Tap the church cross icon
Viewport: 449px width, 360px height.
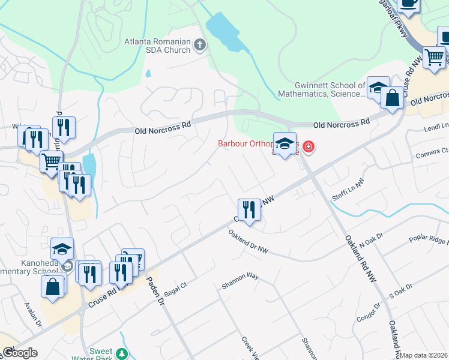point(199,44)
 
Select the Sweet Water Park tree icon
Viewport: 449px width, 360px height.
point(122,353)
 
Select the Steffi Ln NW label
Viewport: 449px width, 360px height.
point(348,189)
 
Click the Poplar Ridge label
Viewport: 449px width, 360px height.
point(429,238)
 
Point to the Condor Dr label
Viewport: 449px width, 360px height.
point(369,312)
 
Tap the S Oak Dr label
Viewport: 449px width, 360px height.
point(402,291)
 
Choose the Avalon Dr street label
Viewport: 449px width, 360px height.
point(32,314)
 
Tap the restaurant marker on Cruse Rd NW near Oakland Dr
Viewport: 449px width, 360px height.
point(249,210)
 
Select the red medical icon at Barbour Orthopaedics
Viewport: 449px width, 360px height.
point(308,146)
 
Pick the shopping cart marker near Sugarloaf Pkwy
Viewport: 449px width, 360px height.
point(433,57)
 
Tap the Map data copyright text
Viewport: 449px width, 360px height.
point(424,355)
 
